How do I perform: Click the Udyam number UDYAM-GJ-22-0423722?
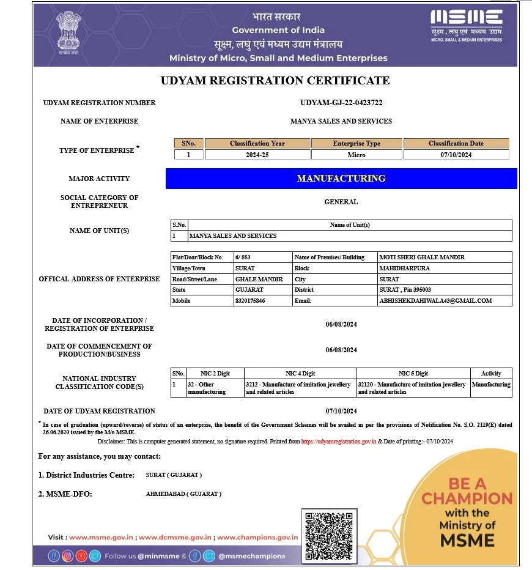pos(341,103)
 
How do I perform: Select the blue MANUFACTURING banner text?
pos(341,179)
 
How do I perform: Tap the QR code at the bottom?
pos(328,535)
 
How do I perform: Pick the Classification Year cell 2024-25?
pos(257,155)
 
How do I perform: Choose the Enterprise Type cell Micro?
pos(357,155)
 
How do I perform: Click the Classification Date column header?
pos(456,143)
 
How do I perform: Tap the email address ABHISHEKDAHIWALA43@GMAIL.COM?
pos(435,301)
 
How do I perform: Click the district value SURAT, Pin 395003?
pos(405,290)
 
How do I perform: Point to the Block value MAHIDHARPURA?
pos(404,268)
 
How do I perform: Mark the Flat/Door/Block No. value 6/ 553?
pos(243,257)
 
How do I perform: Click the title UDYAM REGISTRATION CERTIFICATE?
pos(275,81)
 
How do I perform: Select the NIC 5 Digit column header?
pos(413,373)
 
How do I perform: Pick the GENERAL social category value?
pos(341,202)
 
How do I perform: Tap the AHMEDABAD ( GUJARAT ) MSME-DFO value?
pos(183,494)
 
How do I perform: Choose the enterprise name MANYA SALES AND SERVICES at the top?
pos(341,121)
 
